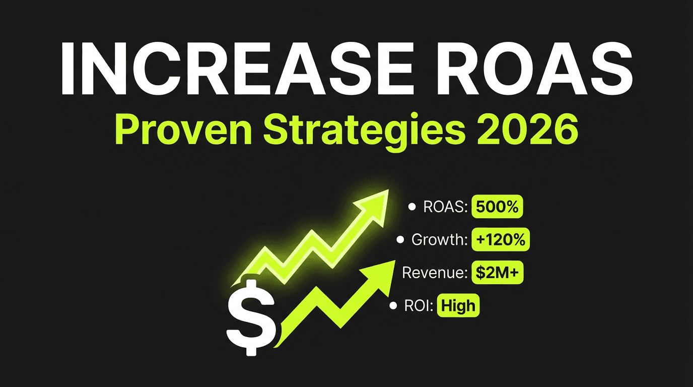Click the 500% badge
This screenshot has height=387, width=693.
coord(498,207)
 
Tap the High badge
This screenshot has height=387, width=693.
coord(458,306)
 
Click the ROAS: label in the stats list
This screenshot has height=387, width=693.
coord(445,207)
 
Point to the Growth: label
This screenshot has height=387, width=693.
coord(439,240)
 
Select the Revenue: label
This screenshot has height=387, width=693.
coord(436,273)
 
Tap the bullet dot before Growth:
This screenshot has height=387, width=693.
coord(401,240)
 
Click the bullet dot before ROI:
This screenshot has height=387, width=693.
coord(393,306)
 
